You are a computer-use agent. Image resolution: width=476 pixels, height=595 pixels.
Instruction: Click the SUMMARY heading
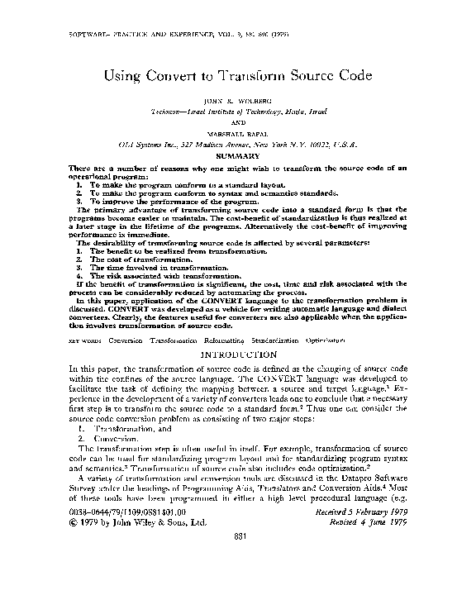(x=237, y=155)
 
